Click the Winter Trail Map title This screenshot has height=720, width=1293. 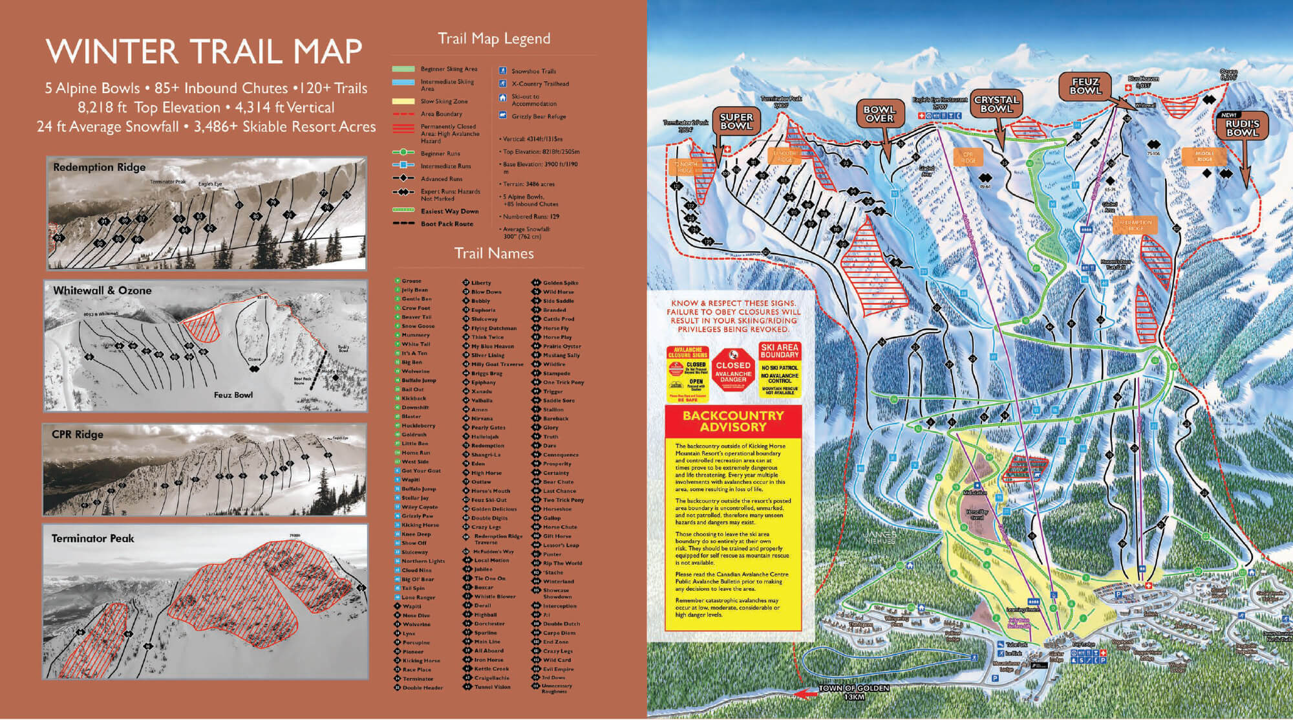[204, 52]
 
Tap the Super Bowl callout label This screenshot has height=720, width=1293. [736, 122]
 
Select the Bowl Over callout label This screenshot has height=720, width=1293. [879, 114]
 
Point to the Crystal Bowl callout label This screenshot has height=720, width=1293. [996, 104]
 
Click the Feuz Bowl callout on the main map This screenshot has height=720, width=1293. [1085, 86]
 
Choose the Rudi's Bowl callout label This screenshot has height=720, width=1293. [1242, 127]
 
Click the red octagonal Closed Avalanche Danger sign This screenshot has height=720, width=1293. [733, 371]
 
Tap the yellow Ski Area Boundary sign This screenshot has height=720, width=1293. [780, 369]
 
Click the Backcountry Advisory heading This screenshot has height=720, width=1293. [732, 421]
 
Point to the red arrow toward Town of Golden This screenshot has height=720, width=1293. [804, 694]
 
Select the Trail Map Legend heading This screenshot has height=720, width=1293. [494, 39]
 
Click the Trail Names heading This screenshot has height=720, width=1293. [494, 254]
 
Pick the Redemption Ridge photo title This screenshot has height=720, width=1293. [100, 168]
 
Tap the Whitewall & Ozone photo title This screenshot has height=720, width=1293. [102, 290]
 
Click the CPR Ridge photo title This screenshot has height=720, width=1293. [78, 434]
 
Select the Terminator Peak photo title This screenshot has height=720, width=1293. [93, 538]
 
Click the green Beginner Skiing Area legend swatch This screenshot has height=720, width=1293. [403, 69]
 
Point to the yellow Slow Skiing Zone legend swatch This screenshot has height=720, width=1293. [403, 102]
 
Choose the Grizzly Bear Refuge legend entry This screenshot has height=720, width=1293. [538, 116]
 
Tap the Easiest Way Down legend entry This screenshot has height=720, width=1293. [449, 211]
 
